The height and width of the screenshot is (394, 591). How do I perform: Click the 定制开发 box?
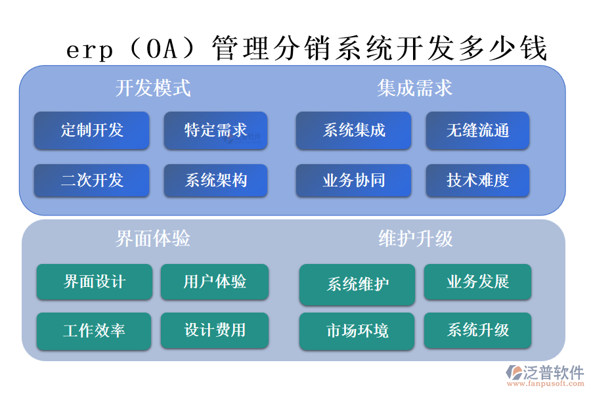tap(92, 131)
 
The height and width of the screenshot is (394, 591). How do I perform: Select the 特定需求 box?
tap(215, 131)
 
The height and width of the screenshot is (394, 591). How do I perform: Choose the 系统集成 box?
tap(353, 131)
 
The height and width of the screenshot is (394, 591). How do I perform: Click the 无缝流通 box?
tap(477, 131)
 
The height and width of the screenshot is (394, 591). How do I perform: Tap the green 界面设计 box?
tap(94, 282)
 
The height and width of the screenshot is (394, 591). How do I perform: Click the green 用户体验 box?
tap(215, 282)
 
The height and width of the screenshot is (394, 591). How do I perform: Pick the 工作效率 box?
tap(94, 331)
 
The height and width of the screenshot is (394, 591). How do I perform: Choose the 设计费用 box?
tap(215, 330)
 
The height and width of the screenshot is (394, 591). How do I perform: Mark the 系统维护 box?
tap(357, 284)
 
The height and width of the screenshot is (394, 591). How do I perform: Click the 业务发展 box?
tap(477, 282)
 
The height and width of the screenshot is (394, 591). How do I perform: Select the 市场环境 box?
tap(357, 331)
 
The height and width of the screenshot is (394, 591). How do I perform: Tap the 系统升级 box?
tap(477, 330)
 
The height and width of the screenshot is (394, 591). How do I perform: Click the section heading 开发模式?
tap(153, 87)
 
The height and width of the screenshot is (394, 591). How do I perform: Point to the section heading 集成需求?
tap(415, 87)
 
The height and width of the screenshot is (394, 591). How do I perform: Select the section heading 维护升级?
tap(416, 238)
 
